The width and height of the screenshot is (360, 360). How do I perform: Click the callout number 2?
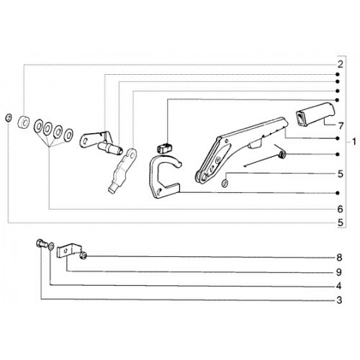tap(341, 64)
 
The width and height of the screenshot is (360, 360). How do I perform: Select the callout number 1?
tap(354, 142)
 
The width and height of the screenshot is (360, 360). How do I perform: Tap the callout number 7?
tap(341, 125)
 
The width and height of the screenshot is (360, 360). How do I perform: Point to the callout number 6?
tap(341, 209)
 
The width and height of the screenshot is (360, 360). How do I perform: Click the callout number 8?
tap(339, 258)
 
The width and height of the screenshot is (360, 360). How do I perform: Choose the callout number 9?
tap(339, 272)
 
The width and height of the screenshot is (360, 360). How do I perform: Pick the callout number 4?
tap(339, 286)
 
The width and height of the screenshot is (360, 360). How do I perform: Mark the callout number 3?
tap(339, 300)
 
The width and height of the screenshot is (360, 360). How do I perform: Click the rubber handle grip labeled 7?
tap(315, 114)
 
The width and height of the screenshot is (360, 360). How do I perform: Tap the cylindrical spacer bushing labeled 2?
tap(24, 122)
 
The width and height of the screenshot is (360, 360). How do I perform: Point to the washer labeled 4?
tap(51, 246)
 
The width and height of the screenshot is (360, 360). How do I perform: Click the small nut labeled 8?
tap(84, 256)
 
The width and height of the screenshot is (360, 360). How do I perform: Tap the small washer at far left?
tap(9, 118)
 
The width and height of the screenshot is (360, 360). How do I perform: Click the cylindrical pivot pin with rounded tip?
tap(110, 148)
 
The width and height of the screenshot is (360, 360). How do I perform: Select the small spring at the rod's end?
tap(282, 154)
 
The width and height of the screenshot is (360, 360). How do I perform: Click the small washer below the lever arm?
tap(225, 184)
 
